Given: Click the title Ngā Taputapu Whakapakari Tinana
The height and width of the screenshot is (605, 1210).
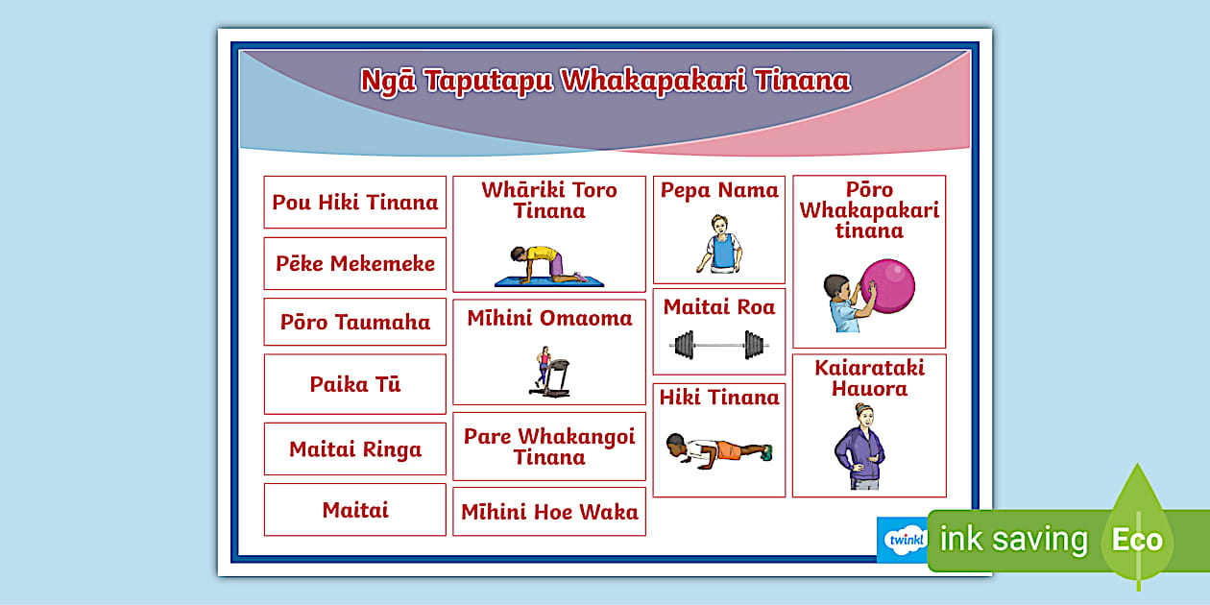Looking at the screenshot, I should (x=605, y=81).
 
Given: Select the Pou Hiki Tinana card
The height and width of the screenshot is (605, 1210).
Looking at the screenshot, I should (x=355, y=203).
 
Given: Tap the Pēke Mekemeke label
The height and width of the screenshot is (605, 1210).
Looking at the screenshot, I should (x=355, y=264).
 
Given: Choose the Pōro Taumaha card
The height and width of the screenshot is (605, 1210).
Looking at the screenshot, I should (x=355, y=323).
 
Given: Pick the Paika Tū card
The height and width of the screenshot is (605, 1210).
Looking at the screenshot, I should (x=355, y=385).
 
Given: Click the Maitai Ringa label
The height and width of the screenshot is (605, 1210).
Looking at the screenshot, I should (x=355, y=449).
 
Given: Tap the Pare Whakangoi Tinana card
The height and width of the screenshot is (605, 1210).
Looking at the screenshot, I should (x=549, y=448).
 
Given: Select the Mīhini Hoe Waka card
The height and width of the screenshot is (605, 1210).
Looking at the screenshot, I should (x=549, y=513).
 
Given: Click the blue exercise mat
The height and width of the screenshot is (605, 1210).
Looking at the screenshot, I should (x=549, y=281).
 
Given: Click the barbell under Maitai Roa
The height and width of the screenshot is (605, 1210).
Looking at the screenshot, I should (x=719, y=344).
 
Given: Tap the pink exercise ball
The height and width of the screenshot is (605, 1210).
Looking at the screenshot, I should (x=888, y=285).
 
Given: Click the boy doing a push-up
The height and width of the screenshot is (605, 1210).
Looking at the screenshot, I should (x=718, y=448).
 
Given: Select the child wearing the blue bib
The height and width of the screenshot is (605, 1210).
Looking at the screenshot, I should (x=719, y=245).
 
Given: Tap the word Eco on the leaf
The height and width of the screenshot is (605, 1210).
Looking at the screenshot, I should (x=1137, y=540).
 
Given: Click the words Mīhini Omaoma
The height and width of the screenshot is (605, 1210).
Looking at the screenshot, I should (x=549, y=319).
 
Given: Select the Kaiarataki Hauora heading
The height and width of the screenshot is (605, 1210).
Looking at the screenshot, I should (x=869, y=378).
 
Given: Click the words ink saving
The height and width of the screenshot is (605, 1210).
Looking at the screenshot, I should (x=1013, y=540).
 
